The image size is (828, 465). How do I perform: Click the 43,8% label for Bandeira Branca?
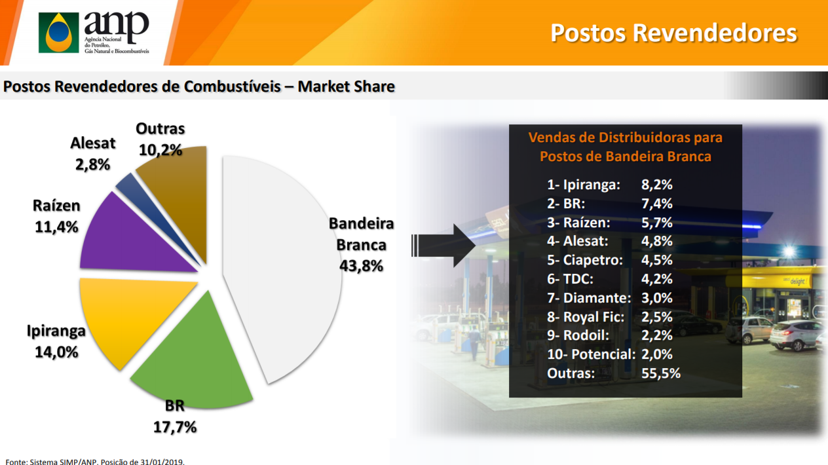[x=361, y=266]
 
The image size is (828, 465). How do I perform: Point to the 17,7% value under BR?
[x=175, y=427]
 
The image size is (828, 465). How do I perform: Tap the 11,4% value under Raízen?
[x=56, y=227]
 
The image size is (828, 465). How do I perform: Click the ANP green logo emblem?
[x=58, y=33]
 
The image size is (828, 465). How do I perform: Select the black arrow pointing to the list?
[x=443, y=246]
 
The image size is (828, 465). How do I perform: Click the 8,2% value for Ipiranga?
[x=657, y=185]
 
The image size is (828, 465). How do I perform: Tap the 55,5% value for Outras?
[x=661, y=373]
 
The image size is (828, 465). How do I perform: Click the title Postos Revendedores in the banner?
[x=673, y=33]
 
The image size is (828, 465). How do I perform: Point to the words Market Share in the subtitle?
[x=347, y=86]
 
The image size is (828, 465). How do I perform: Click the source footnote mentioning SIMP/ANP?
[x=95, y=462]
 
